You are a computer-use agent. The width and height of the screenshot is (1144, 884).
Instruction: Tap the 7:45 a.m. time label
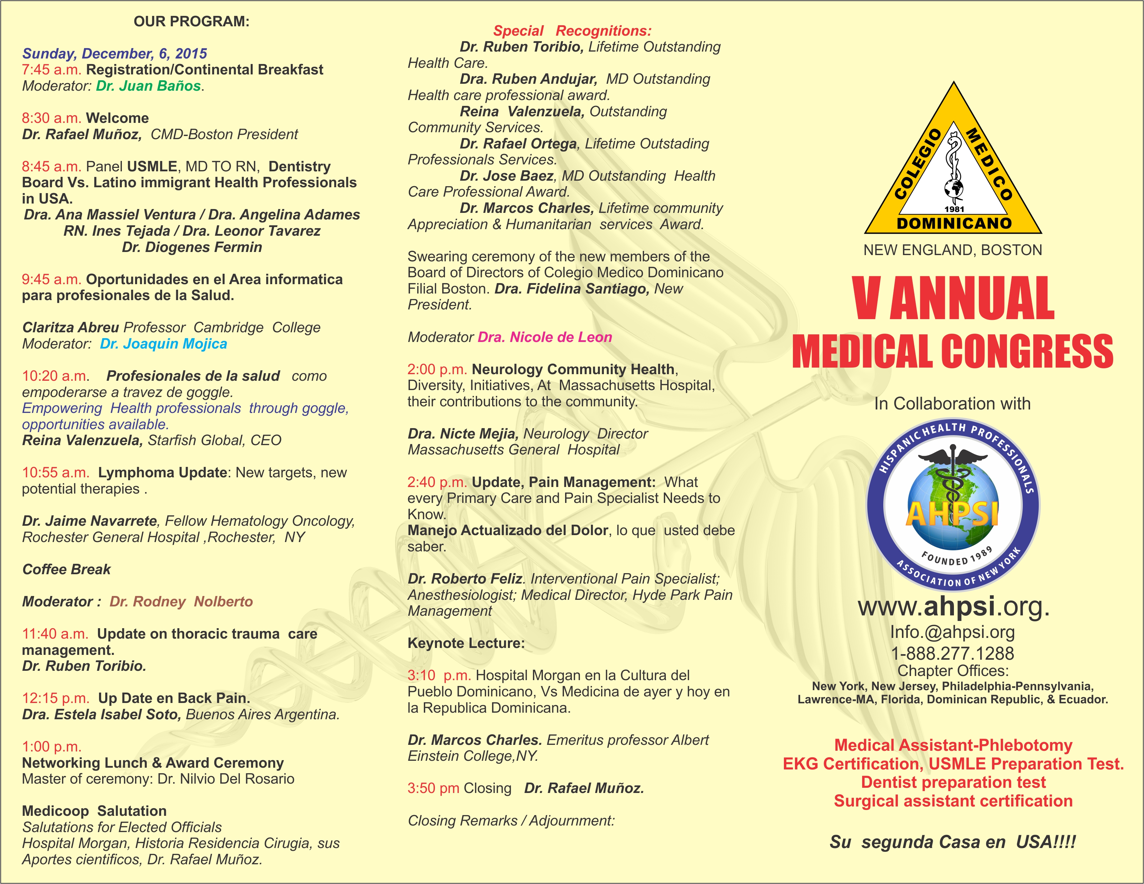51,70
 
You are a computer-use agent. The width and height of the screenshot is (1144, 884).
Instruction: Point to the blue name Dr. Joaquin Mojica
163,344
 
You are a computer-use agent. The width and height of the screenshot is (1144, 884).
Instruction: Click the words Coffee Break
66,570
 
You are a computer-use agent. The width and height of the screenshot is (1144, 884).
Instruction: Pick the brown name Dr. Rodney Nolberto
181,602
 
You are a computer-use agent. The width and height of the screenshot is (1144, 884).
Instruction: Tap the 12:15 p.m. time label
55,698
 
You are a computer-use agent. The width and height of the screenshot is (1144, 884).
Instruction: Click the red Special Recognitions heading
572,31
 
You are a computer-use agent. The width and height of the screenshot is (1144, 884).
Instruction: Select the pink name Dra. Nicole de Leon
545,337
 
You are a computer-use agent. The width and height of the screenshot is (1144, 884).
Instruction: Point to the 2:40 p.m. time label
437,482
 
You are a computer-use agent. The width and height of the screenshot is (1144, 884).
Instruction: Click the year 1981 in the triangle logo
954,209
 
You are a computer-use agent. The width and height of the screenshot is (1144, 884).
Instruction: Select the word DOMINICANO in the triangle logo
954,224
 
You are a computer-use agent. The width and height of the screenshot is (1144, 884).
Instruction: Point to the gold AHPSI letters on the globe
952,513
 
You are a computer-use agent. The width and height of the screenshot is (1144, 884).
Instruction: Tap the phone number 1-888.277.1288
952,653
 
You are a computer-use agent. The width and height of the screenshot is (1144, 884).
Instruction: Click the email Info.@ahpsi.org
952,632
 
